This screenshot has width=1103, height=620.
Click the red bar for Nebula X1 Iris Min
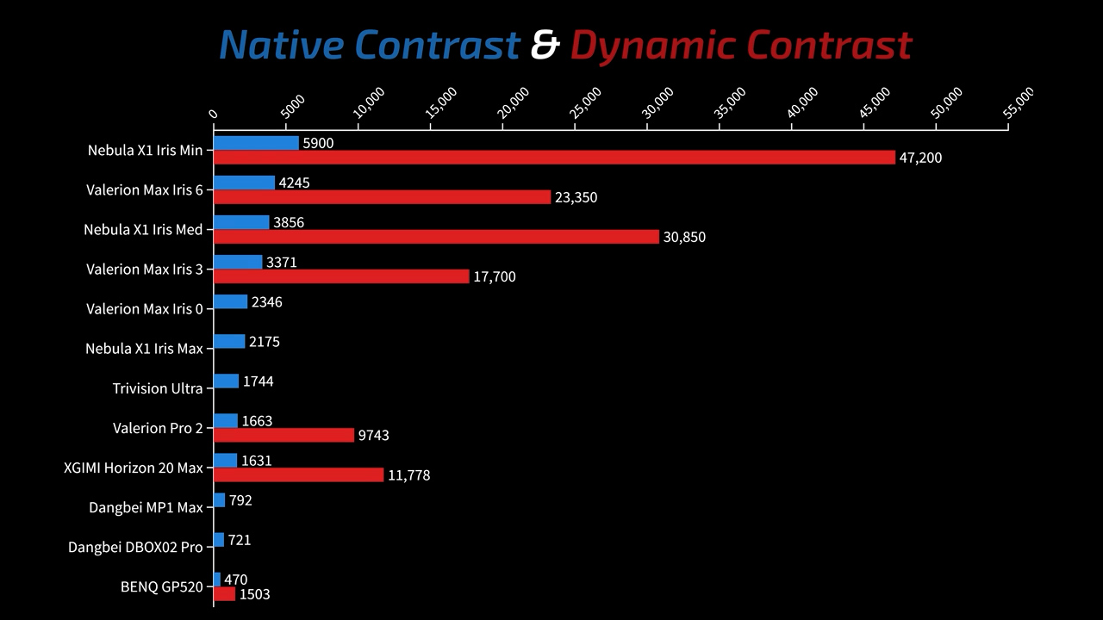[554, 158]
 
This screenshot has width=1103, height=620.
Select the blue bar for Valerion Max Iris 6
[244, 183]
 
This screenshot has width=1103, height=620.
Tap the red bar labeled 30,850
[436, 237]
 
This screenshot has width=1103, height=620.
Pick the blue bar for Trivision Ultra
[226, 381]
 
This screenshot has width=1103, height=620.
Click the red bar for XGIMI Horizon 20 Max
[298, 474]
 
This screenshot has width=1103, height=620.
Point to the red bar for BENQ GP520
[224, 594]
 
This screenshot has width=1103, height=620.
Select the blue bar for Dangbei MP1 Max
[220, 500]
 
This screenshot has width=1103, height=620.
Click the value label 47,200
[920, 158]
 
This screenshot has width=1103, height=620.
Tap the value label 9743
[373, 436]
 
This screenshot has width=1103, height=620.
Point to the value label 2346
[266, 302]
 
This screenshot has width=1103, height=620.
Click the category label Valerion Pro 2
[158, 428]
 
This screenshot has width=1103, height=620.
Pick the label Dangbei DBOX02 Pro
[135, 548]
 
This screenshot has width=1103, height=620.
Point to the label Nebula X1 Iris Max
[144, 349]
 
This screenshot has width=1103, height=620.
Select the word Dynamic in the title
[652, 45]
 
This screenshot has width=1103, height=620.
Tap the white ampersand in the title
[545, 45]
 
